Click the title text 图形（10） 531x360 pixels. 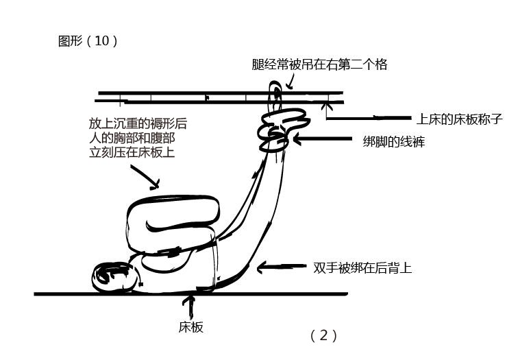(88, 41)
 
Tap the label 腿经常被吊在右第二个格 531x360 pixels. (319, 64)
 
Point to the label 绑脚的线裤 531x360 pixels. (393, 143)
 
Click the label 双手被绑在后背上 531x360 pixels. (362, 268)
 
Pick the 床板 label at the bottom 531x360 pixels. (191, 327)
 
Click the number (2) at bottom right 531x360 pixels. (323, 335)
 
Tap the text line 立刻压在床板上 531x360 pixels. (132, 153)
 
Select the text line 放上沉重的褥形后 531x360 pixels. (137, 124)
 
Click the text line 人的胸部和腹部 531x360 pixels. (132, 139)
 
